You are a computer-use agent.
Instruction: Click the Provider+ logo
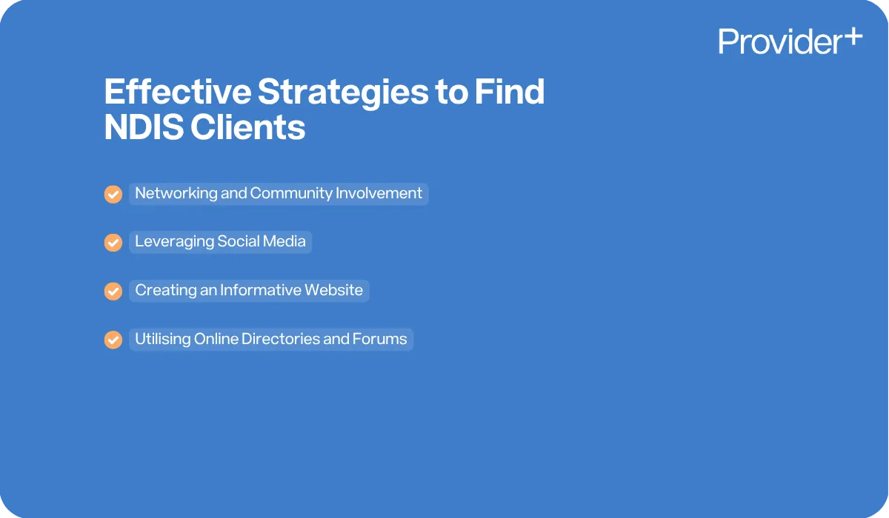(x=790, y=41)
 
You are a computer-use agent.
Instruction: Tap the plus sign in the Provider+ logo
(x=853, y=36)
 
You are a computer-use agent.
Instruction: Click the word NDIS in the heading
(x=141, y=128)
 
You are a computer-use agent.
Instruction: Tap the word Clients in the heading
(x=247, y=128)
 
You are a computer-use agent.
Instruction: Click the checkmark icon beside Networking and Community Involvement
(x=113, y=195)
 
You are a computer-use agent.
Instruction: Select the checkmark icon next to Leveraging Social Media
(x=113, y=243)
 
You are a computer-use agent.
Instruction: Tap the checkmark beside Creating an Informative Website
(x=113, y=291)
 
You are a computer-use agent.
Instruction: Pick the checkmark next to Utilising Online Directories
(x=113, y=340)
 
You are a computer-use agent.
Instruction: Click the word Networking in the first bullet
(x=176, y=194)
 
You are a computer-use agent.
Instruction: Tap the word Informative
(x=262, y=290)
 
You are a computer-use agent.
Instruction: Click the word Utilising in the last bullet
(x=162, y=339)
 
